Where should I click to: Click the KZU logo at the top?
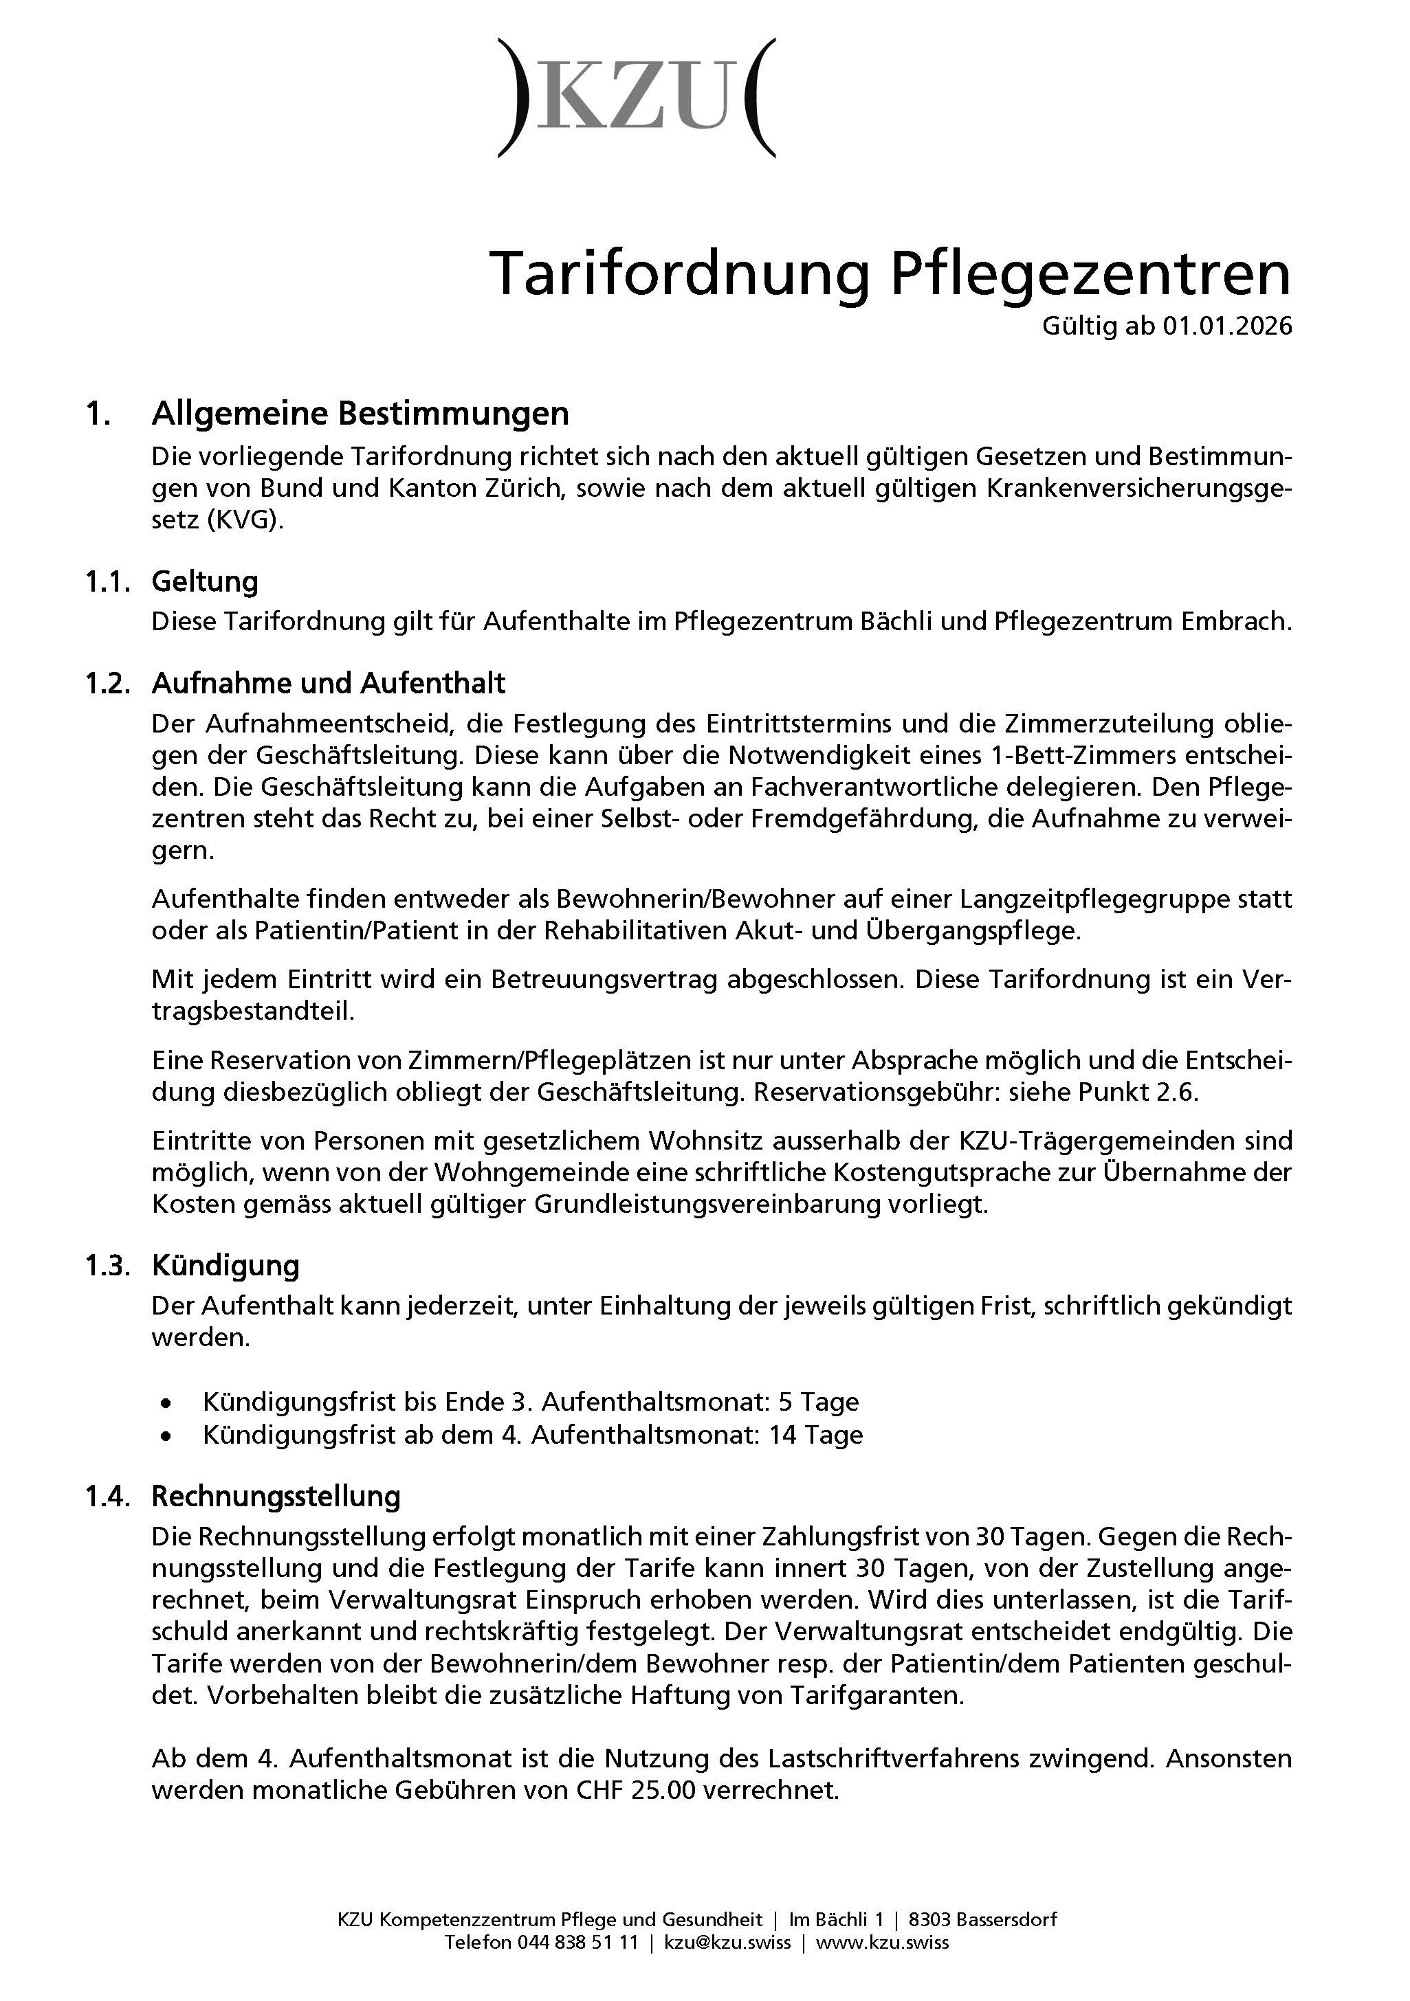637,98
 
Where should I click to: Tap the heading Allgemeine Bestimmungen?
360,413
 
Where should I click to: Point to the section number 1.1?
107,581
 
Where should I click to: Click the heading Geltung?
205,581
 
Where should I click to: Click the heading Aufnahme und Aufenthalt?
329,682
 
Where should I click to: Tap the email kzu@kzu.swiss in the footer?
727,1942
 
